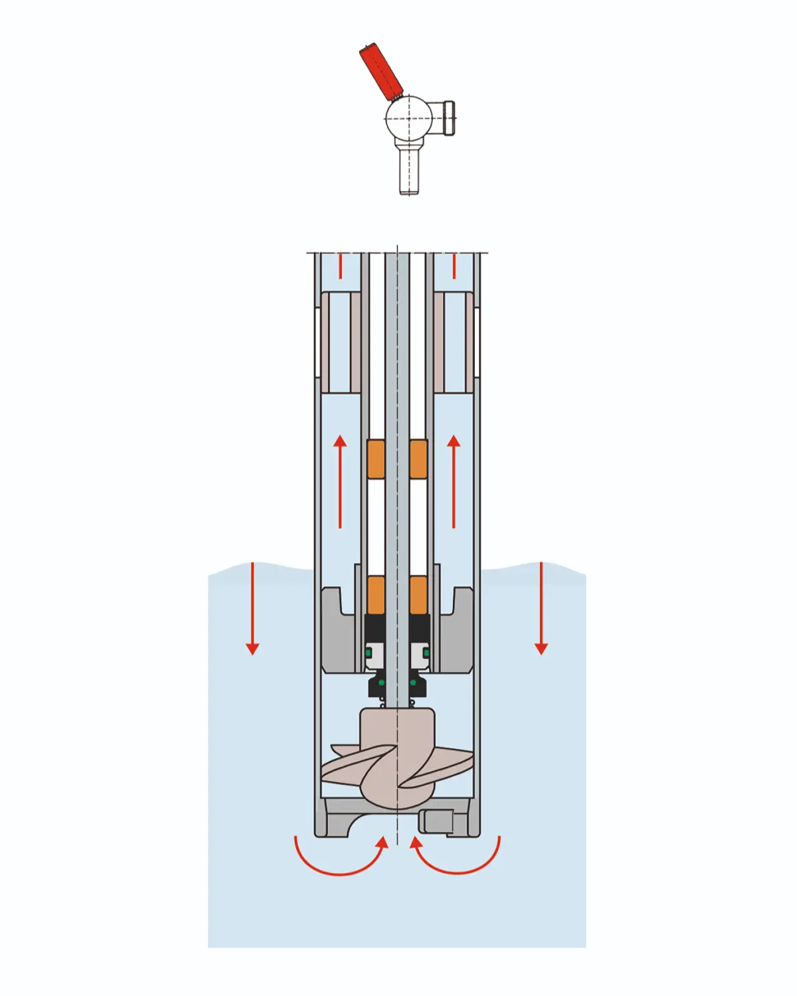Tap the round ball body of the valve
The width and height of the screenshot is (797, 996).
[x=408, y=119]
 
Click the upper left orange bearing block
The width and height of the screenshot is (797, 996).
[x=376, y=459]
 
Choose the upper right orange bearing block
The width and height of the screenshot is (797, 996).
[x=418, y=459]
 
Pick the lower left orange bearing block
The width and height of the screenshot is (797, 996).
[x=376, y=594]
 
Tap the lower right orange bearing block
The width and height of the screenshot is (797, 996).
[x=418, y=594]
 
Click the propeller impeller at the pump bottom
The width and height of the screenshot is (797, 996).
[x=397, y=764]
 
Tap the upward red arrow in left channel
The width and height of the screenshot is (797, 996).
[x=340, y=481]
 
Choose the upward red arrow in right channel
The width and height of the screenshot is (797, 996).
[x=454, y=481]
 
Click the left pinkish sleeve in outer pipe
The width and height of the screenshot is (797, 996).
[x=336, y=342]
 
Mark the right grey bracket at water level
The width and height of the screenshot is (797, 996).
[x=458, y=631]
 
